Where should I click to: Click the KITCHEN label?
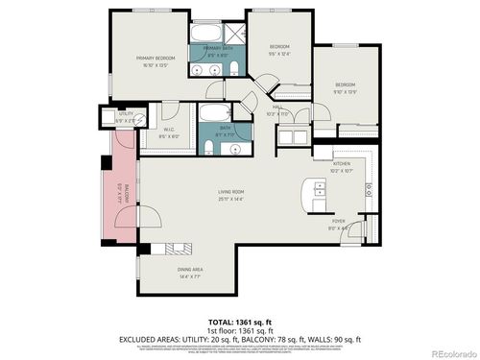point(342,164)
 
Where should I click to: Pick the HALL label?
point(276,110)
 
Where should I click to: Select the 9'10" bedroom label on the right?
point(346,88)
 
